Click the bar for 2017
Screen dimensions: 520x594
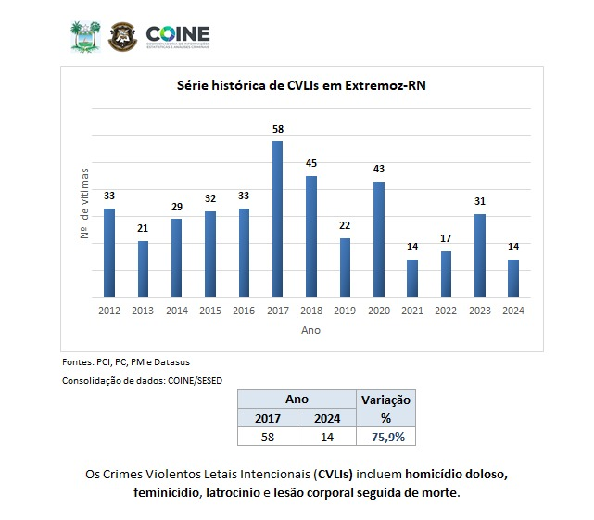(277, 219)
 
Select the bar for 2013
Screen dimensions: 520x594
(143, 269)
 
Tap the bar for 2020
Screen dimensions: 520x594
(378, 239)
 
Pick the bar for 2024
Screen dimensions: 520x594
(512, 278)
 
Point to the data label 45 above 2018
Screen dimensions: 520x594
(311, 164)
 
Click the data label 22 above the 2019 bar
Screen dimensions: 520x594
(345, 226)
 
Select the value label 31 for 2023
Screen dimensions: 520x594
(479, 202)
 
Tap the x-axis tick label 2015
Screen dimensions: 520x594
(210, 311)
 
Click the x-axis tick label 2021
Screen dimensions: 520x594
(411, 311)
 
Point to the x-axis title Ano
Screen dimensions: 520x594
(310, 329)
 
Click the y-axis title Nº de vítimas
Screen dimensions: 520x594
(84, 205)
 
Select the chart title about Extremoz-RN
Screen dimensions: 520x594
(301, 85)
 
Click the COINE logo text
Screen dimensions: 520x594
(178, 33)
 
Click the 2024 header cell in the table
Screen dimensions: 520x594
(326, 417)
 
